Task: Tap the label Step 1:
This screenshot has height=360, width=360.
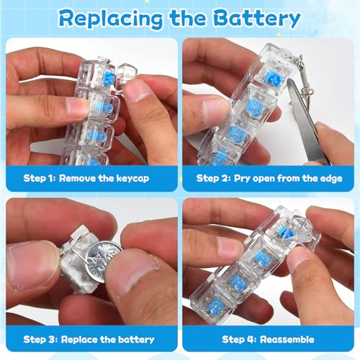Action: (45, 176)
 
